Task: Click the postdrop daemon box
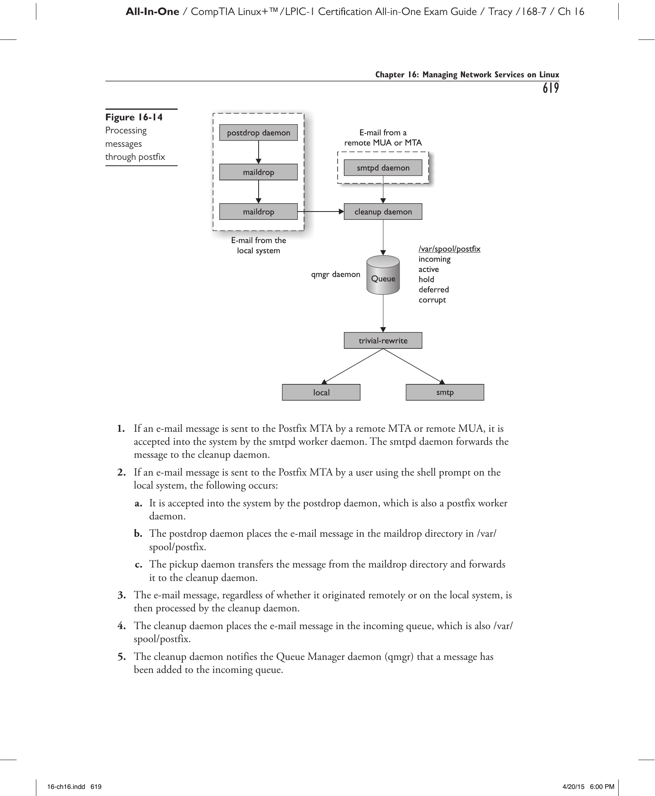click(258, 133)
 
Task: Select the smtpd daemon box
click(383, 168)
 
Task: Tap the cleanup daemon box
click(383, 212)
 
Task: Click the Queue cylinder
click(383, 275)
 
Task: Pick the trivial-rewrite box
click(383, 341)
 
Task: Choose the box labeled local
click(321, 392)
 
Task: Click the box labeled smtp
click(445, 392)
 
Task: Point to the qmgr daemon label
click(336, 274)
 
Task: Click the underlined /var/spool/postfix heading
click(449, 249)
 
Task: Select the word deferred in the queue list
click(434, 290)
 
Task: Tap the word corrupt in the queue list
click(432, 300)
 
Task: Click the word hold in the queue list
click(426, 279)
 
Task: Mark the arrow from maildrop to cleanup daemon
click(321, 212)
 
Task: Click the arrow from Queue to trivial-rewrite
click(383, 314)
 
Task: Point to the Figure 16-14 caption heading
click(134, 117)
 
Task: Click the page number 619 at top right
click(551, 88)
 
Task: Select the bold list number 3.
click(122, 595)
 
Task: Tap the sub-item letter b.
click(138, 534)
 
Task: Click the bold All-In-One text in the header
click(152, 12)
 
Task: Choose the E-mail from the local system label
click(258, 245)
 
